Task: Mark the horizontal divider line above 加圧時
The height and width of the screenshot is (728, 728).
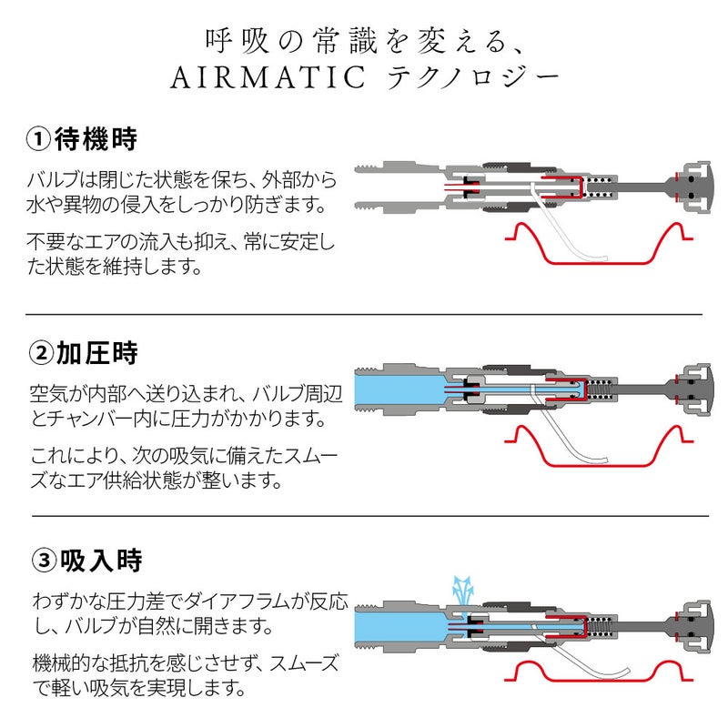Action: (364, 314)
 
